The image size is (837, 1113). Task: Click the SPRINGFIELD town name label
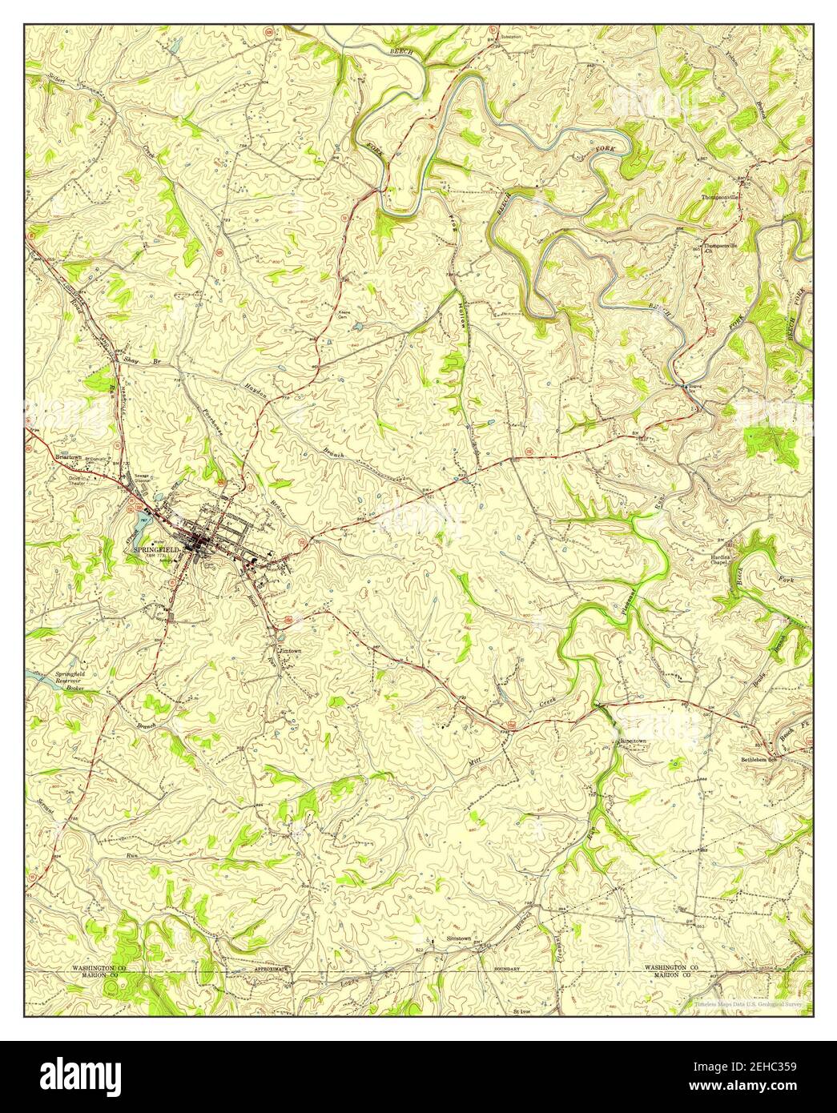click(157, 549)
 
